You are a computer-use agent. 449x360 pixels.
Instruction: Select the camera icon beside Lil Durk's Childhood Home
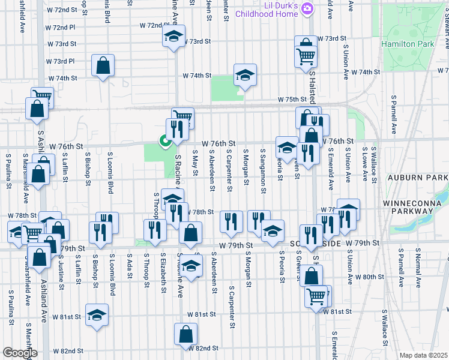tap(307, 8)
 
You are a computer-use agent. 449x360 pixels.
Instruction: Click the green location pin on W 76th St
tap(163, 142)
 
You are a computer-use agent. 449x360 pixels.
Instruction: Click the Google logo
tap(20, 353)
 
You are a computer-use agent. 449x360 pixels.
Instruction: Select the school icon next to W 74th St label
tap(245, 76)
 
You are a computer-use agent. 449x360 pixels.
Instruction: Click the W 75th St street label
tap(292, 100)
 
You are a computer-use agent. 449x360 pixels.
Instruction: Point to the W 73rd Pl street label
tap(60, 61)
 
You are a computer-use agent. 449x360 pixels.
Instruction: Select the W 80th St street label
tap(369, 277)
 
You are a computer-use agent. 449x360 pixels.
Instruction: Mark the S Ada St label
tap(129, 268)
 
